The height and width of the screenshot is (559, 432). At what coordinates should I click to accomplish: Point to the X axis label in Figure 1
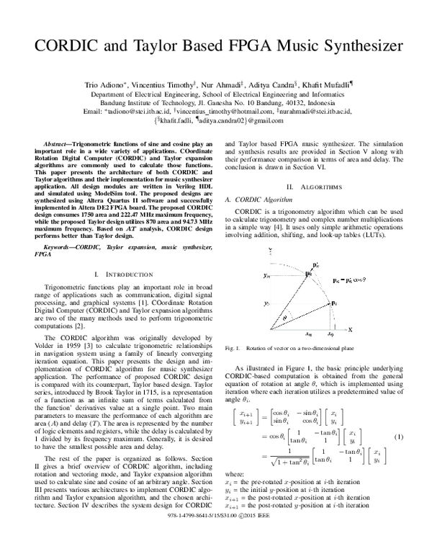click(351, 329)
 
